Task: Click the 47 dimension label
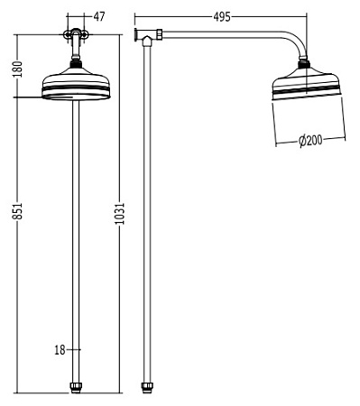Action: (x=98, y=16)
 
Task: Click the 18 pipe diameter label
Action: (x=60, y=349)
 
